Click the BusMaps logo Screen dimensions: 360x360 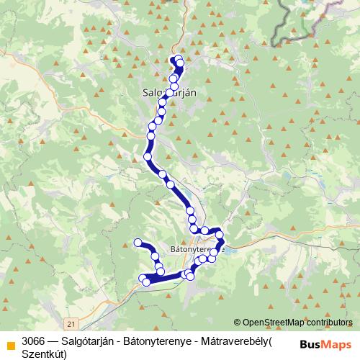pos(325,344)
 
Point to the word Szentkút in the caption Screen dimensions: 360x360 pos(44,353)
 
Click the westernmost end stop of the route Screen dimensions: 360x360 pos(138,243)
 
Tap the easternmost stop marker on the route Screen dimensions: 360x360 pos(220,235)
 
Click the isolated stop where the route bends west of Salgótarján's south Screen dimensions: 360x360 pos(148,156)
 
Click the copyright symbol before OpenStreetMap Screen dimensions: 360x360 pos(237,322)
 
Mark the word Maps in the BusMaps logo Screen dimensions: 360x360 pos(337,344)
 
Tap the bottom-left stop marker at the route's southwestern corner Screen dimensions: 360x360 pos(146,282)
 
